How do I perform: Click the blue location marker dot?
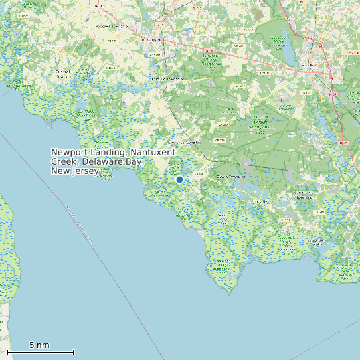point(179,179)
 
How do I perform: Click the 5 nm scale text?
point(39,345)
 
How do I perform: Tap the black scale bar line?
point(40,352)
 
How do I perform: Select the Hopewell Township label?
point(112,26)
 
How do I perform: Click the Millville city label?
point(307,65)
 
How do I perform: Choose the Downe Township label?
point(230,177)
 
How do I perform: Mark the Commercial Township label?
point(305,195)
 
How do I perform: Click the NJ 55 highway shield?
point(333,94)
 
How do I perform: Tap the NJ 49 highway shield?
point(209,50)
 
